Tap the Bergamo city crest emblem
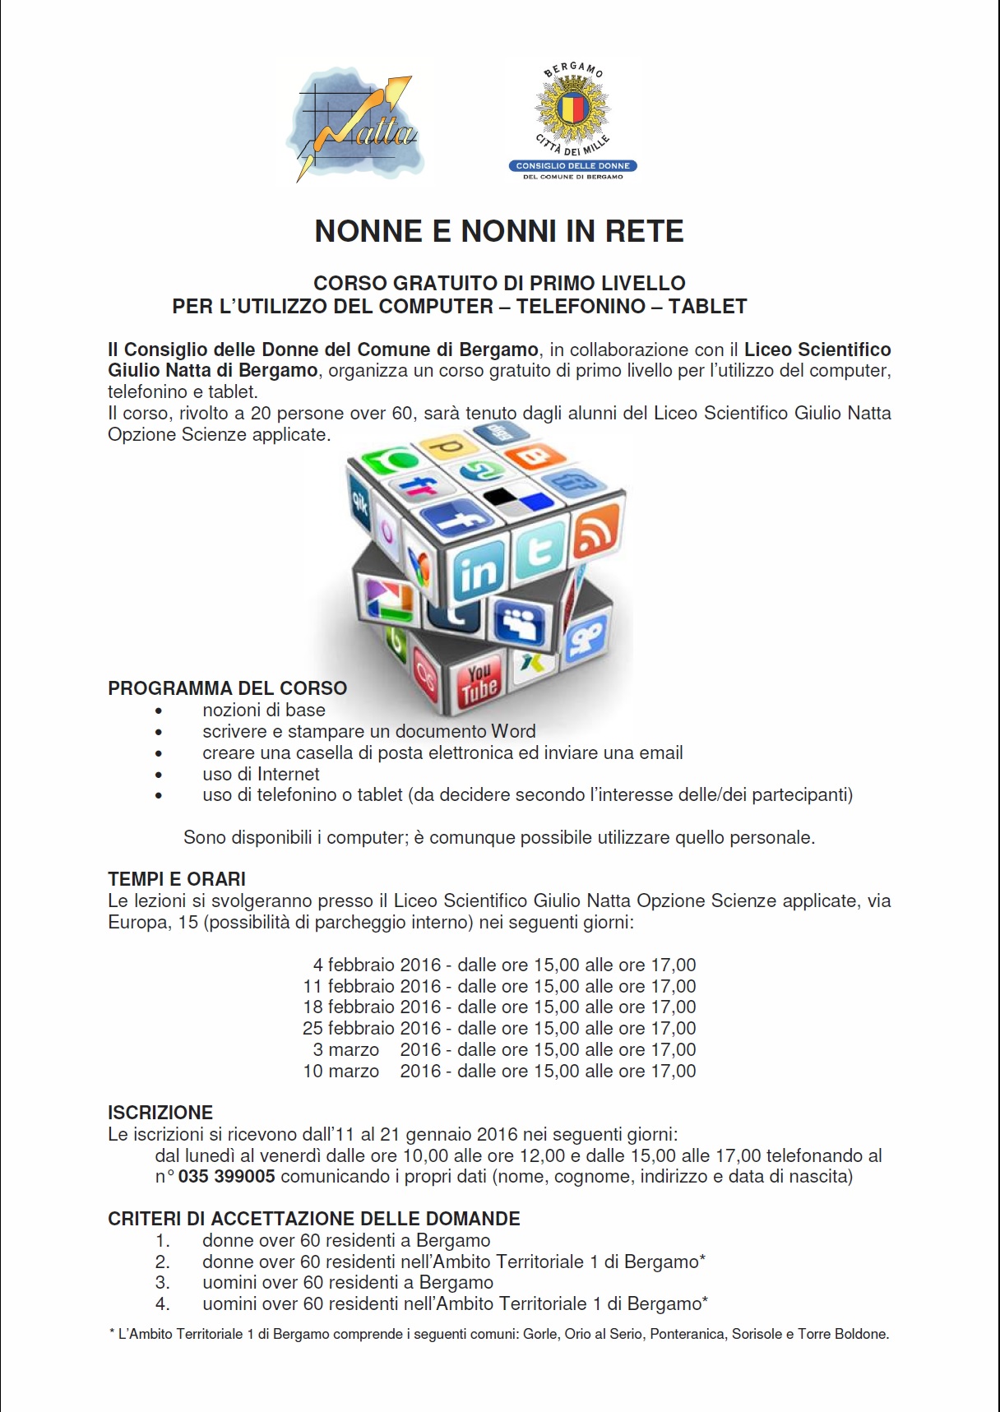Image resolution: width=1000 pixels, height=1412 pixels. (x=572, y=107)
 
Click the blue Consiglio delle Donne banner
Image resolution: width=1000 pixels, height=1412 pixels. (x=572, y=165)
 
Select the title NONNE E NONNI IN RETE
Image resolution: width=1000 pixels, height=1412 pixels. (x=499, y=231)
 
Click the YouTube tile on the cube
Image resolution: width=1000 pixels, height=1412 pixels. (x=479, y=682)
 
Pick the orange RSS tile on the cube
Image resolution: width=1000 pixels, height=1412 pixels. (x=596, y=530)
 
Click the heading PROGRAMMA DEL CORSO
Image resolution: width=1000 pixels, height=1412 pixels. (x=227, y=688)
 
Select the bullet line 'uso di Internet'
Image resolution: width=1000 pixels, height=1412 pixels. (x=261, y=774)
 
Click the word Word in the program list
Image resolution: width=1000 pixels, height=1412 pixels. (x=513, y=731)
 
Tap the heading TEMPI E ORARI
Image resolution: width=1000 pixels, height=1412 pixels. (x=177, y=879)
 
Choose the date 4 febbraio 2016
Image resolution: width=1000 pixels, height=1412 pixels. (x=377, y=965)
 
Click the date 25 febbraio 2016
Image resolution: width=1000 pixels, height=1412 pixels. (x=372, y=1028)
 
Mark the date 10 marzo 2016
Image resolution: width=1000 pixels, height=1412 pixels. (x=372, y=1071)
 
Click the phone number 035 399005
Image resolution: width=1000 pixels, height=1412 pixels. (x=226, y=1176)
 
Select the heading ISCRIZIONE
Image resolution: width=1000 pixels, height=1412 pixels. (x=160, y=1113)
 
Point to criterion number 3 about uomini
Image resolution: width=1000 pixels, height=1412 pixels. (x=348, y=1282)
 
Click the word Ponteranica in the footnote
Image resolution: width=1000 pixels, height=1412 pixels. (x=687, y=1334)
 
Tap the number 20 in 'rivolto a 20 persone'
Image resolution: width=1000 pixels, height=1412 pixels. (x=261, y=413)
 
